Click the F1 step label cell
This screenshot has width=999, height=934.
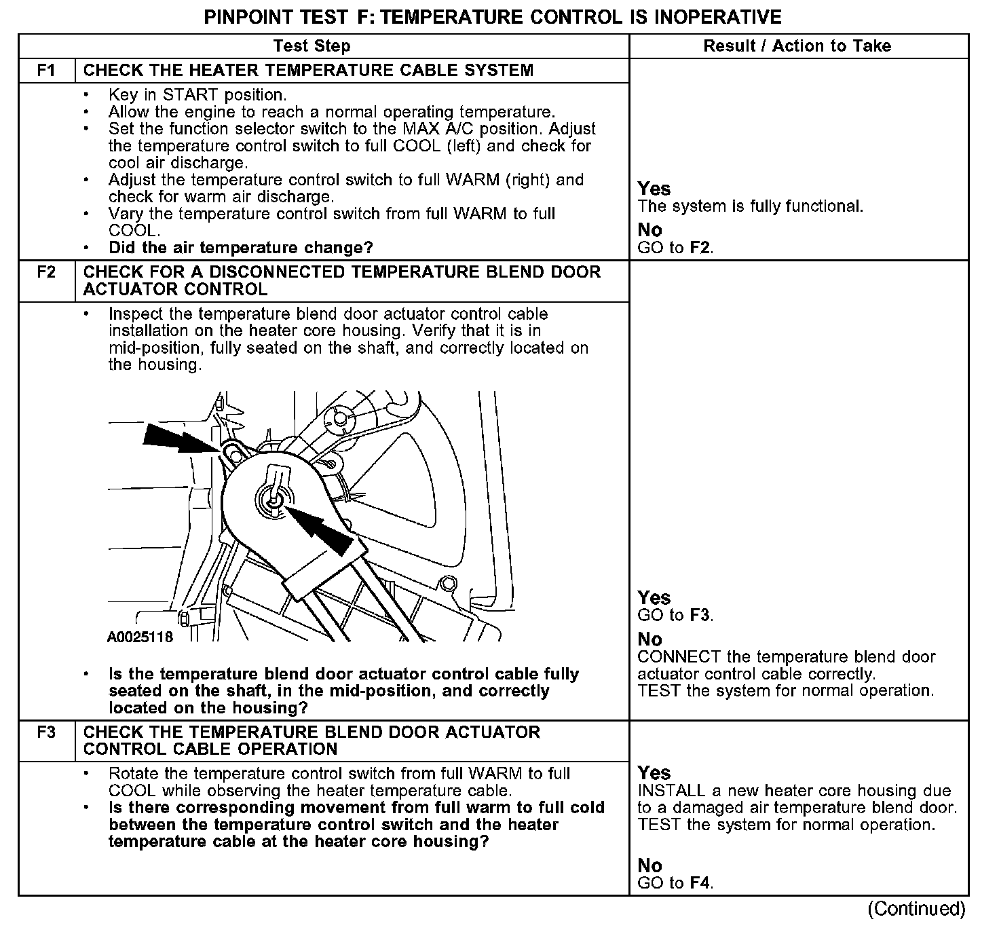46,71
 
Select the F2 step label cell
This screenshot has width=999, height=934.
46,272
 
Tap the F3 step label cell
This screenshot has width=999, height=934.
46,732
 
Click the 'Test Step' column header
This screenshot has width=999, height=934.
312,46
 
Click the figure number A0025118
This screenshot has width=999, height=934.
140,637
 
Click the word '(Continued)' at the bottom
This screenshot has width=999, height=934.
916,908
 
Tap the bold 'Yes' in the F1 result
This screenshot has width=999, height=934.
654,189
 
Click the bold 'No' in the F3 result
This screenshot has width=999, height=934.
649,865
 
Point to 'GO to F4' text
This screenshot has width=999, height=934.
675,883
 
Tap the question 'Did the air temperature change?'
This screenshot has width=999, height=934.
241,248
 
